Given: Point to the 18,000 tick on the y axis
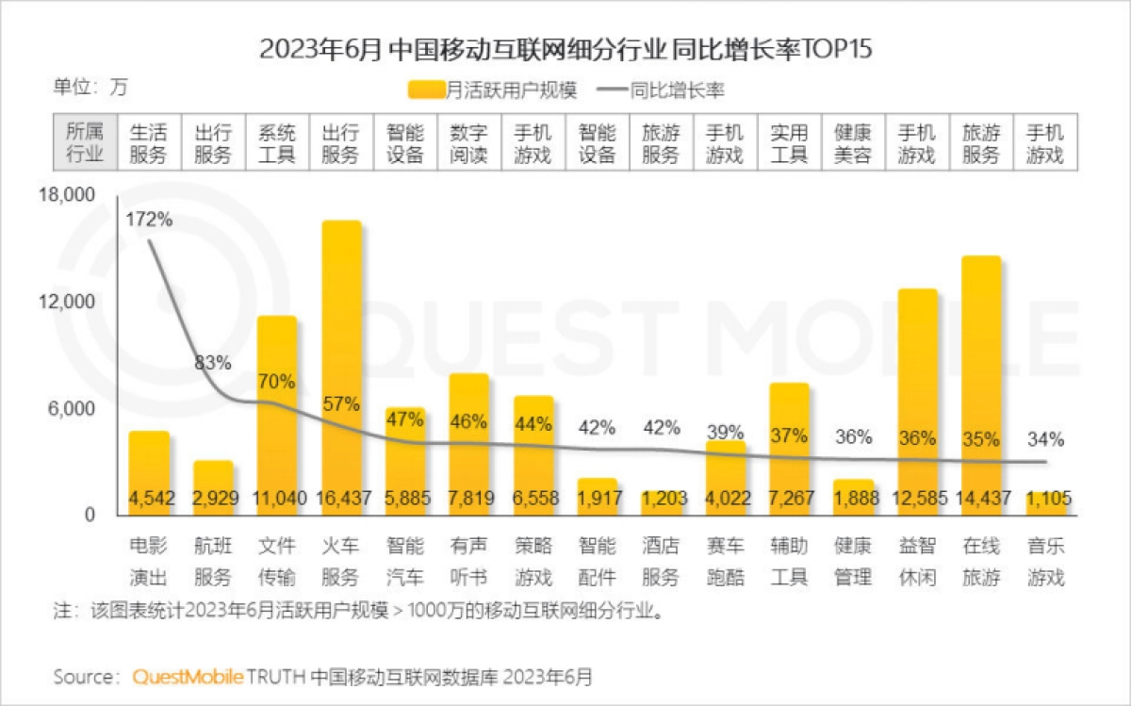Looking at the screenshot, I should pyautogui.click(x=66, y=196).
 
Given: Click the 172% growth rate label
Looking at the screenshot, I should pyautogui.click(x=149, y=220).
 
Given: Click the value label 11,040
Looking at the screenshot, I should pyautogui.click(x=277, y=498).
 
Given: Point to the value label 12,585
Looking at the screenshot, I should pyautogui.click(x=917, y=498).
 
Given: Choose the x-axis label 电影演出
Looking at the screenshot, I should pyautogui.click(x=149, y=561).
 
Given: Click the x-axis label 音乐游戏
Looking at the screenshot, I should pyautogui.click(x=1045, y=561).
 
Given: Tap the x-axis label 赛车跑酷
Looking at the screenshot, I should pyautogui.click(x=725, y=561).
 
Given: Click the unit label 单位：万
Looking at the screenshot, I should pyautogui.click(x=90, y=88).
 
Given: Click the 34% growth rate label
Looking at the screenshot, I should pyautogui.click(x=1045, y=438).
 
